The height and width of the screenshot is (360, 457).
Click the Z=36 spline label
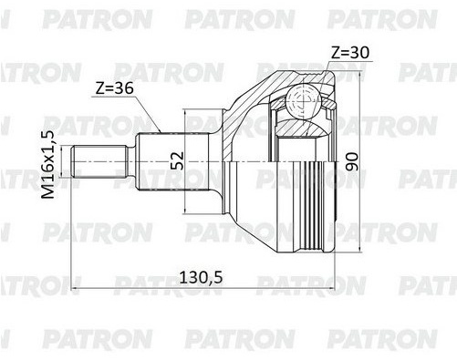(x=114, y=88)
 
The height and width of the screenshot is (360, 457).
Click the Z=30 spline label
(x=350, y=53)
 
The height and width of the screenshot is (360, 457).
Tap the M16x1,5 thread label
(x=48, y=165)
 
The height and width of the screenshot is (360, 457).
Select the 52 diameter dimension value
(x=177, y=160)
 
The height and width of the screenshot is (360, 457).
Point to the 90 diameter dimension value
(x=352, y=162)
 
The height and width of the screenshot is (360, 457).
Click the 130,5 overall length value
(x=201, y=277)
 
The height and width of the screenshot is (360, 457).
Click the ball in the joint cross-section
(x=303, y=100)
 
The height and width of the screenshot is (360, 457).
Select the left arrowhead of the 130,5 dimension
(x=75, y=288)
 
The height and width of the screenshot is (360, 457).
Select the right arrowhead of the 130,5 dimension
(x=330, y=288)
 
